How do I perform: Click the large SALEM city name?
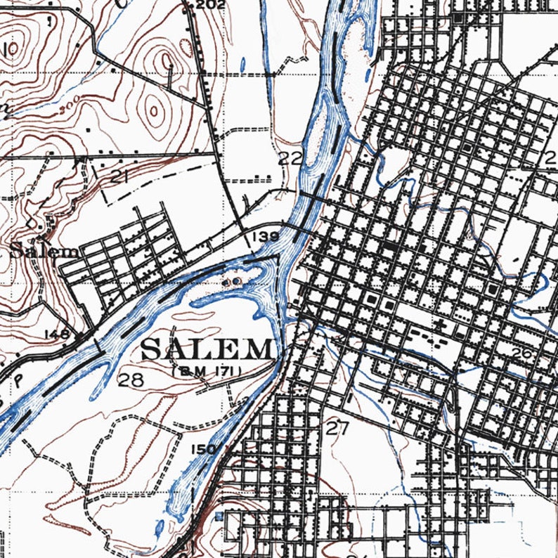pyautogui.click(x=207, y=349)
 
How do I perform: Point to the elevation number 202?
pyautogui.click(x=210, y=6)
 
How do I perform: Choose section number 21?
pyautogui.click(x=119, y=177)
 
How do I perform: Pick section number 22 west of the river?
pyautogui.click(x=290, y=157)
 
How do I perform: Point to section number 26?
pyautogui.click(x=521, y=353)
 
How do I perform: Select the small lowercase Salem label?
pyautogui.click(x=44, y=251)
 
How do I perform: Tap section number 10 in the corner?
pyautogui.click(x=8, y=51)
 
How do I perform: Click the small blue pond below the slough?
pyautogui.click(x=160, y=525)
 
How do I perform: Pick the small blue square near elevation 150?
pyautogui.click(x=219, y=517)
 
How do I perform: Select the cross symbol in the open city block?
pyautogui.click(x=441, y=324)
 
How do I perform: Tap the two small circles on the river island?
pyautogui.click(x=231, y=282)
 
